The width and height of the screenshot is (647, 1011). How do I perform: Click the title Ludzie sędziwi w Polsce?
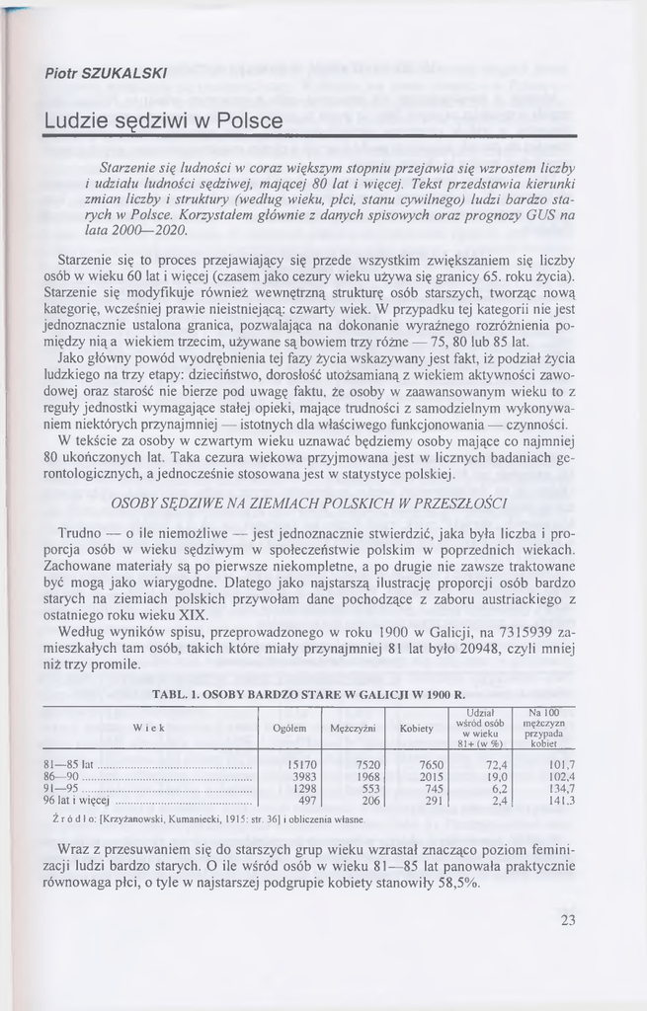(x=163, y=121)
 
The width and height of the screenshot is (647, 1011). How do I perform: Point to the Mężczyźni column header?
(x=353, y=729)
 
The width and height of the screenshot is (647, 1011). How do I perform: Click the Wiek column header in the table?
(x=147, y=728)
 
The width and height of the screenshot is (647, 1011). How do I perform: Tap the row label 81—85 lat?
(x=68, y=764)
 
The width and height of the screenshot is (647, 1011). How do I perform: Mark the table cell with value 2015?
(x=431, y=777)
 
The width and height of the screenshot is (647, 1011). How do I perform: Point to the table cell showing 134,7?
(x=560, y=789)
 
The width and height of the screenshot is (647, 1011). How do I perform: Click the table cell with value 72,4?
(x=494, y=764)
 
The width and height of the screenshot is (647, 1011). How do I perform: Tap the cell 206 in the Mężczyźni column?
(x=370, y=801)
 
